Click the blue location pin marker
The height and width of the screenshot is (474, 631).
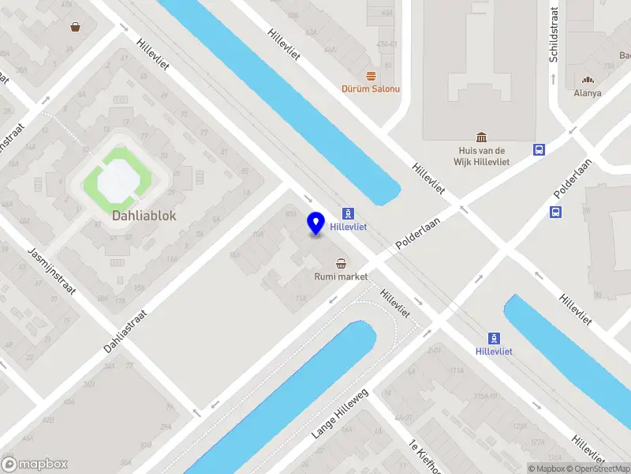point(316,223)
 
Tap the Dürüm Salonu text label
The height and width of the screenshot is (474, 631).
point(370,88)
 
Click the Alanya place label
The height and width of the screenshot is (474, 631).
point(588,92)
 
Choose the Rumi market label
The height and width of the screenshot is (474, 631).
point(342,276)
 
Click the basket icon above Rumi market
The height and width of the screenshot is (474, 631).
point(341,263)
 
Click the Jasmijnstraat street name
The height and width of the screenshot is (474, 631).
point(51,269)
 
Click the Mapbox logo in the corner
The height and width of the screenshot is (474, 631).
point(35,465)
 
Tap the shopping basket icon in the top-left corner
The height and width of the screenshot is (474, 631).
point(75,27)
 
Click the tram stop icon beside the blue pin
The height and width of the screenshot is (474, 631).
point(348,213)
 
